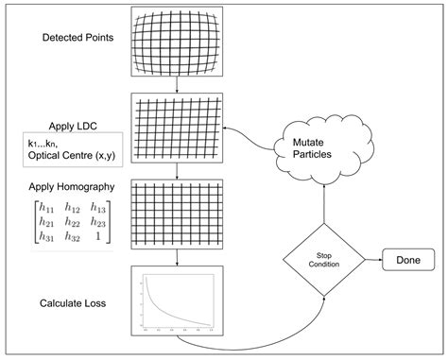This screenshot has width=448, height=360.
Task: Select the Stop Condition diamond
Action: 324,258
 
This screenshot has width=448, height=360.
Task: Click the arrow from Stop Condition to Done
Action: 370,258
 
